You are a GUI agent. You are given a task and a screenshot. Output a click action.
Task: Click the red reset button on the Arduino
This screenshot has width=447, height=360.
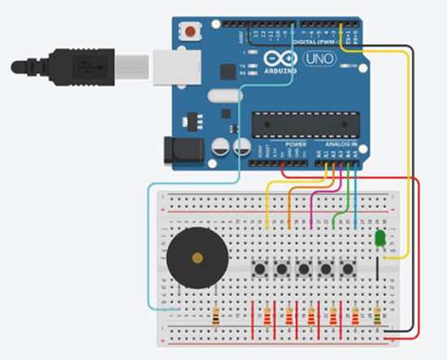191,32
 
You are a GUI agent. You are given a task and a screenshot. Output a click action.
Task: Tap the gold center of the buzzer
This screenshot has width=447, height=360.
196,260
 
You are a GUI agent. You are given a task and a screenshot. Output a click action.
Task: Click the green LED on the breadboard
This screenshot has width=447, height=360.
380,238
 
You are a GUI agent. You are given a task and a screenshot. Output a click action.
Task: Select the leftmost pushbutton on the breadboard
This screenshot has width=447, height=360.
261,268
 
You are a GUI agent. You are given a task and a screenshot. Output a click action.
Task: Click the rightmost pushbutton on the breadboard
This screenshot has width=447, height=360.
349,268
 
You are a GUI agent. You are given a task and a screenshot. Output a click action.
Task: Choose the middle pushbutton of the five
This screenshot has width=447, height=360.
305,268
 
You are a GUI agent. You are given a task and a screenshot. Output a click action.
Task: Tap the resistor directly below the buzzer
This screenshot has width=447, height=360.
215,318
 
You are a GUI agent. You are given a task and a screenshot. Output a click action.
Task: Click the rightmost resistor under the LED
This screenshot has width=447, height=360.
379,318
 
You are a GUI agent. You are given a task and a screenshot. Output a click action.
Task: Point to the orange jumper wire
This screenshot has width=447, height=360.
290,203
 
